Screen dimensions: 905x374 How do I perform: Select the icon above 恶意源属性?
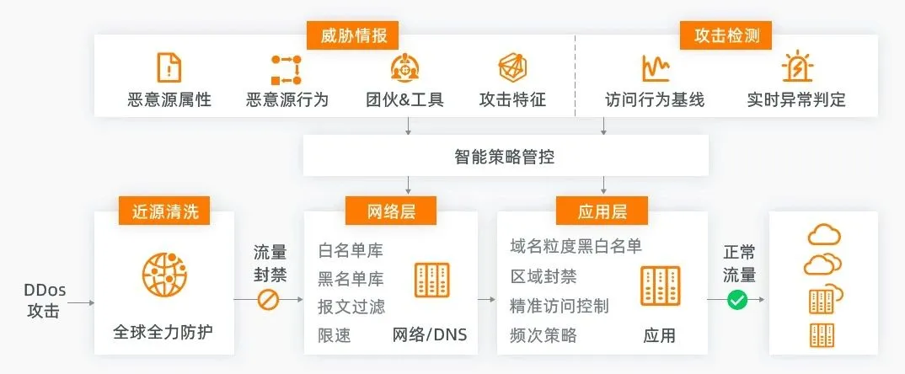tap(169, 67)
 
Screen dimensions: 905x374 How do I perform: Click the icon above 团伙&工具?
tap(404, 67)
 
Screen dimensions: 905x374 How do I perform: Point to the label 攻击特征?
tap(512, 99)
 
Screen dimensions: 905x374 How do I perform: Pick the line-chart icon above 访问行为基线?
tap(655, 67)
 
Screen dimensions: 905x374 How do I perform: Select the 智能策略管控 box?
tap(505, 157)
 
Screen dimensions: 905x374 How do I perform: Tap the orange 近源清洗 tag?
tap(164, 211)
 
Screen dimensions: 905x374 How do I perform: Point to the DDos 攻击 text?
tap(45, 301)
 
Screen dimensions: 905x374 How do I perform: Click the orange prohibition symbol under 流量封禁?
tap(268, 300)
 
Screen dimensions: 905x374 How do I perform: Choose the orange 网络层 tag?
tap(391, 211)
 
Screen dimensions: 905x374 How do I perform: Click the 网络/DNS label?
tap(429, 335)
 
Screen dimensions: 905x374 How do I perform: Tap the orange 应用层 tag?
tap(602, 211)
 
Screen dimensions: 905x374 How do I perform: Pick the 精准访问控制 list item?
tap(560, 306)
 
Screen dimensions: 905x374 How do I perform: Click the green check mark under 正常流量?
tap(738, 300)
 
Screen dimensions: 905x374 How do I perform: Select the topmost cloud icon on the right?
tap(823, 235)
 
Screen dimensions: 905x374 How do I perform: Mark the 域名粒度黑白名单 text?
tap(576, 246)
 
